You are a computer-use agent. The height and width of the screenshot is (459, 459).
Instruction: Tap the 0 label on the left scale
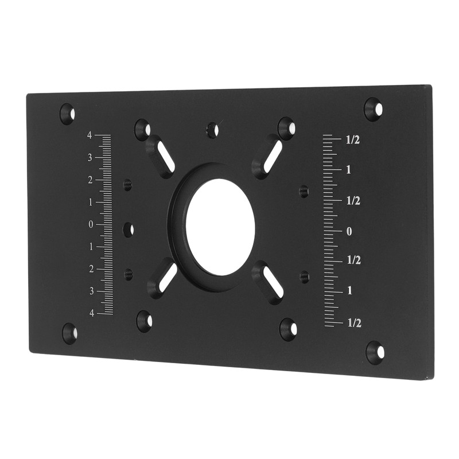(x=91, y=224)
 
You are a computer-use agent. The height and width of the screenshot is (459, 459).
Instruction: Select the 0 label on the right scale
(x=348, y=231)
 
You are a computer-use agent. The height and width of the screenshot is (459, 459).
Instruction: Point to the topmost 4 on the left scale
(x=90, y=135)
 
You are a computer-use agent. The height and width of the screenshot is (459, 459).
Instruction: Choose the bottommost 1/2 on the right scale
(x=354, y=323)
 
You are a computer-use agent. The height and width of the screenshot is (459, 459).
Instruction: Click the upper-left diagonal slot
(x=160, y=156)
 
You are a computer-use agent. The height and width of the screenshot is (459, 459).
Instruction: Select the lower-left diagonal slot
(x=163, y=278)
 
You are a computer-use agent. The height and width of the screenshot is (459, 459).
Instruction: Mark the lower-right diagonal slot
(x=268, y=282)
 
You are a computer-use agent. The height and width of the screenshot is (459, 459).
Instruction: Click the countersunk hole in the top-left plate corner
(x=67, y=113)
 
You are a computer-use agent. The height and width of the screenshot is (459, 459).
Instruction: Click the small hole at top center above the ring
(x=213, y=130)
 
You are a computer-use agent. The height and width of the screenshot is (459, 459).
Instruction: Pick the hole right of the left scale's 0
(x=129, y=229)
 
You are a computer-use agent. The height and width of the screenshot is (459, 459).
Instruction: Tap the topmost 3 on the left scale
(x=90, y=158)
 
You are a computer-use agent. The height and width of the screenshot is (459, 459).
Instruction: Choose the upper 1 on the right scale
(x=348, y=170)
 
